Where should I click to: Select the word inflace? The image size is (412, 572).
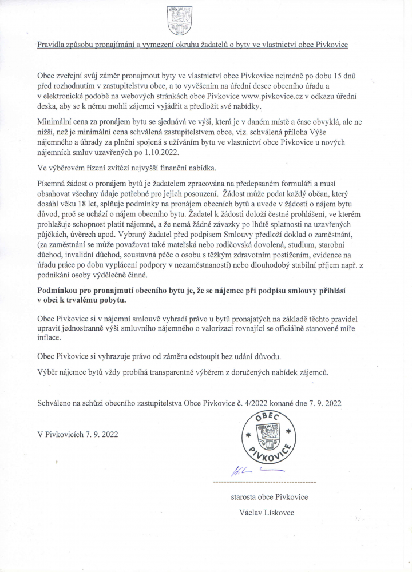[50, 338]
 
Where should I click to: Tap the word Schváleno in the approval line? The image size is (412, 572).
[54, 403]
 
